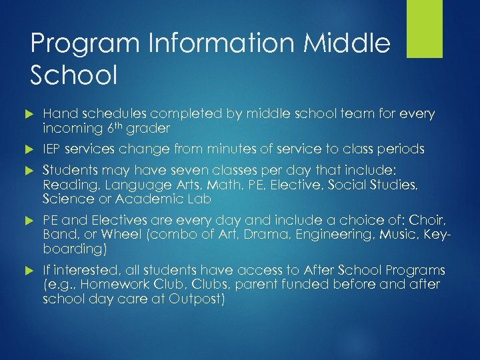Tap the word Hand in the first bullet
point(57,114)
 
